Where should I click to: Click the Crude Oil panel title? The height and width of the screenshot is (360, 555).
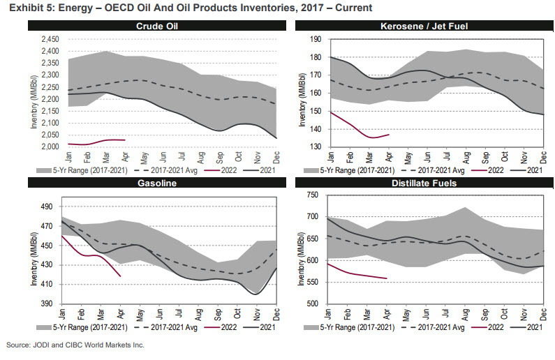pos(157,27)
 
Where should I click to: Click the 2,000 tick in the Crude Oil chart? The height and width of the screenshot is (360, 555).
pos(47,147)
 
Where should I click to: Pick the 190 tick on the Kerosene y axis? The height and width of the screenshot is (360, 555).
pos(314,39)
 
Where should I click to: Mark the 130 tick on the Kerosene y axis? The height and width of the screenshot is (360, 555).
pos(314,147)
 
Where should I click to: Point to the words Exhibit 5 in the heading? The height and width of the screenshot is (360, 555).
pos(28,8)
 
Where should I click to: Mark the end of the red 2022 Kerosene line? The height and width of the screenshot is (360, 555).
pos(388,134)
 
